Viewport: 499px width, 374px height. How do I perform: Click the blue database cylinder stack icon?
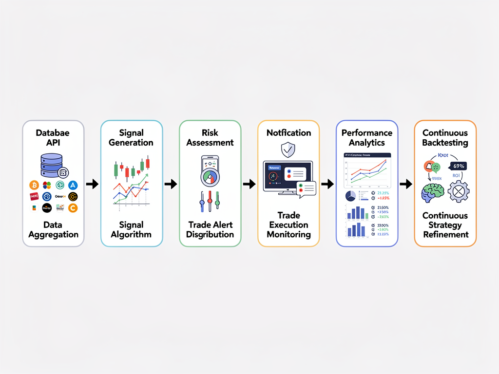click(52, 165)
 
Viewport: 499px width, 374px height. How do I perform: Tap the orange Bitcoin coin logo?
click(34, 185)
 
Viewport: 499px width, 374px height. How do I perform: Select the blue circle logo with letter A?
click(73, 185)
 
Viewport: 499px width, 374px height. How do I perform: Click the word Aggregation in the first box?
click(53, 234)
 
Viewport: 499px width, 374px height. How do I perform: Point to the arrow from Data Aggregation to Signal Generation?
click(92, 184)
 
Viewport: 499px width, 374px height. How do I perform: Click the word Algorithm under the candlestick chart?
click(131, 234)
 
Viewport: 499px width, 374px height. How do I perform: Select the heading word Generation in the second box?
click(131, 143)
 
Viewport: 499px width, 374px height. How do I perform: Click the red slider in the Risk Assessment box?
click(210, 200)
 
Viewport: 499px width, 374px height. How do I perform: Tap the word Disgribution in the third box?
click(210, 234)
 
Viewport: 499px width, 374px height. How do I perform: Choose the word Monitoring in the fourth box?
click(288, 234)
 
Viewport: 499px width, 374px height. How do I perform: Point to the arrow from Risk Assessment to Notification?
click(249, 184)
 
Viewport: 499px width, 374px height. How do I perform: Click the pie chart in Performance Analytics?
click(350, 195)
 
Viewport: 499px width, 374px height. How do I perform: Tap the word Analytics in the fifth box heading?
click(366, 143)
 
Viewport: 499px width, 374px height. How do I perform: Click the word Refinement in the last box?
click(445, 234)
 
